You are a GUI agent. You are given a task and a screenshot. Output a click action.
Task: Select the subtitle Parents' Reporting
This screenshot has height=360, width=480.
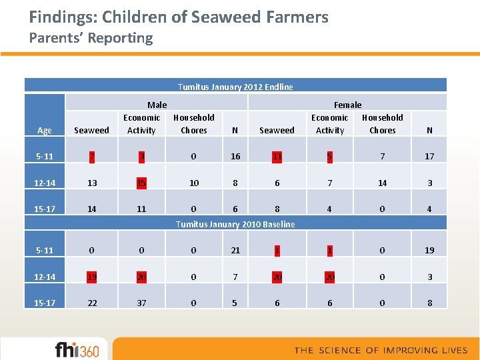click(x=91, y=38)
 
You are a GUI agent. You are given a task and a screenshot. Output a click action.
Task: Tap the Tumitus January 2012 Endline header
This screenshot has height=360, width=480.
click(x=235, y=87)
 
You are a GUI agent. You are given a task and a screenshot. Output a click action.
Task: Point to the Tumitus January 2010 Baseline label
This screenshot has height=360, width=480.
click(x=235, y=224)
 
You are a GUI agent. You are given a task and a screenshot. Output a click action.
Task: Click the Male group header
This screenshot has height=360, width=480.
click(x=157, y=105)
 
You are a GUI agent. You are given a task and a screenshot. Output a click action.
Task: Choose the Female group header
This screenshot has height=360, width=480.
click(x=347, y=105)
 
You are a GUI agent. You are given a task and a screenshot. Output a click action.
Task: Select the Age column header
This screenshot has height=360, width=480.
click(x=44, y=131)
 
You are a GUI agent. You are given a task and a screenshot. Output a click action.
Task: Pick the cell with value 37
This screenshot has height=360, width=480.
click(x=141, y=303)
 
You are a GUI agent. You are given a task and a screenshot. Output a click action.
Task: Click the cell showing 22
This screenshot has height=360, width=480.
click(x=92, y=303)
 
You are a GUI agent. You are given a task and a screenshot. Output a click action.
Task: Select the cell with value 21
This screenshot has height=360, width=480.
click(x=235, y=250)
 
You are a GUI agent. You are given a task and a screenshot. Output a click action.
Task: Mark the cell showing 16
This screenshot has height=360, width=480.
click(x=235, y=156)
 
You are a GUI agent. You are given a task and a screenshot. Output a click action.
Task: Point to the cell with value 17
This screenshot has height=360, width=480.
click(x=429, y=156)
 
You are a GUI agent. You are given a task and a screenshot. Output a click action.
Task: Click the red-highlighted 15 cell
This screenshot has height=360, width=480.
click(x=141, y=183)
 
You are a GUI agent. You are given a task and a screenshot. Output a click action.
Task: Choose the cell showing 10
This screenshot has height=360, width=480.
click(x=194, y=183)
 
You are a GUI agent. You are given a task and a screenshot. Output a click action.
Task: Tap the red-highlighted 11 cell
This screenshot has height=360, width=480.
click(x=277, y=156)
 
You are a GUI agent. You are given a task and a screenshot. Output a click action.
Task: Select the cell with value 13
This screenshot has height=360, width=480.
click(x=92, y=183)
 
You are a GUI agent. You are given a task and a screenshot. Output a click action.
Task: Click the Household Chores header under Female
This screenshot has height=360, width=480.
click(x=383, y=124)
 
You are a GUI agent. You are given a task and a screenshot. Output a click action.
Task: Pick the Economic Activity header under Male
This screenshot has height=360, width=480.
click(x=141, y=124)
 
